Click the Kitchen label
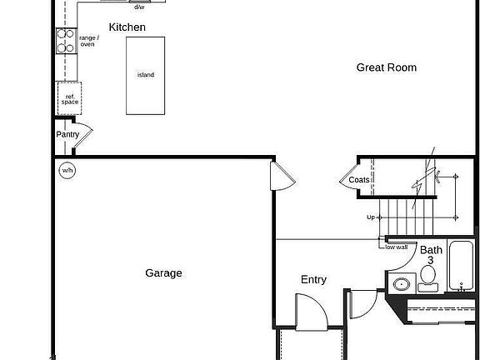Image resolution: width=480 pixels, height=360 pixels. click(127, 27)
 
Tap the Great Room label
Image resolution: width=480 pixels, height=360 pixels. click(387, 67)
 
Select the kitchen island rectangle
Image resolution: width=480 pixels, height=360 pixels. click(145, 76)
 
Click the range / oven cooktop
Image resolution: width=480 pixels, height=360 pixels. click(67, 41)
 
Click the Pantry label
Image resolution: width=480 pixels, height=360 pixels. click(67, 134)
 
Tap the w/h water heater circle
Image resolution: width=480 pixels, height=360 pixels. click(67, 170)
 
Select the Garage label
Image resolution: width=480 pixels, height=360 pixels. click(164, 273)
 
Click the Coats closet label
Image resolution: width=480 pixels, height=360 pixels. click(359, 180)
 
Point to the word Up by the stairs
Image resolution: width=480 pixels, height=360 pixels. click(371, 217)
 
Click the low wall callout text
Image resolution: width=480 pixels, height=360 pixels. click(397, 247)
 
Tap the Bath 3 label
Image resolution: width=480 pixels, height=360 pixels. click(431, 255)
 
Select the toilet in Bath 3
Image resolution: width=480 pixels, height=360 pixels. click(428, 278)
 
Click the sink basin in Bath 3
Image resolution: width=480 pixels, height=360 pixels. click(402, 284)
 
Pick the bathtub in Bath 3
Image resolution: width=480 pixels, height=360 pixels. click(461, 265)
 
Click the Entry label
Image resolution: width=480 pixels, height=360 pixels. click(314, 279)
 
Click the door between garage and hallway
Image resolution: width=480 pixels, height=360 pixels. click(282, 177)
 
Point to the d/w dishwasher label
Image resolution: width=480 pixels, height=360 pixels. click(140, 7)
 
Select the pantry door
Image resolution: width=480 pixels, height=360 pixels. click(83, 136)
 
